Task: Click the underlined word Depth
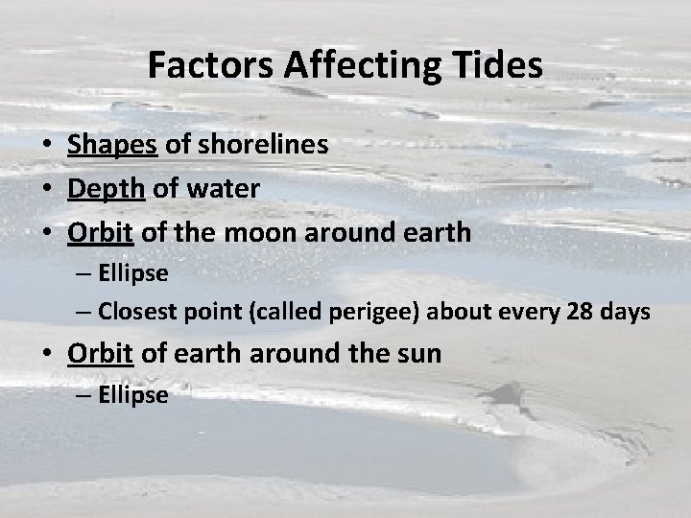[105, 189]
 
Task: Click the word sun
[420, 353]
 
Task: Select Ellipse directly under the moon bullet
[133, 273]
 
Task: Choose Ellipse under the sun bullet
[133, 393]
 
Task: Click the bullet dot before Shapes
[46, 146]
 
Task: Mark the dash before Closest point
[83, 312]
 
